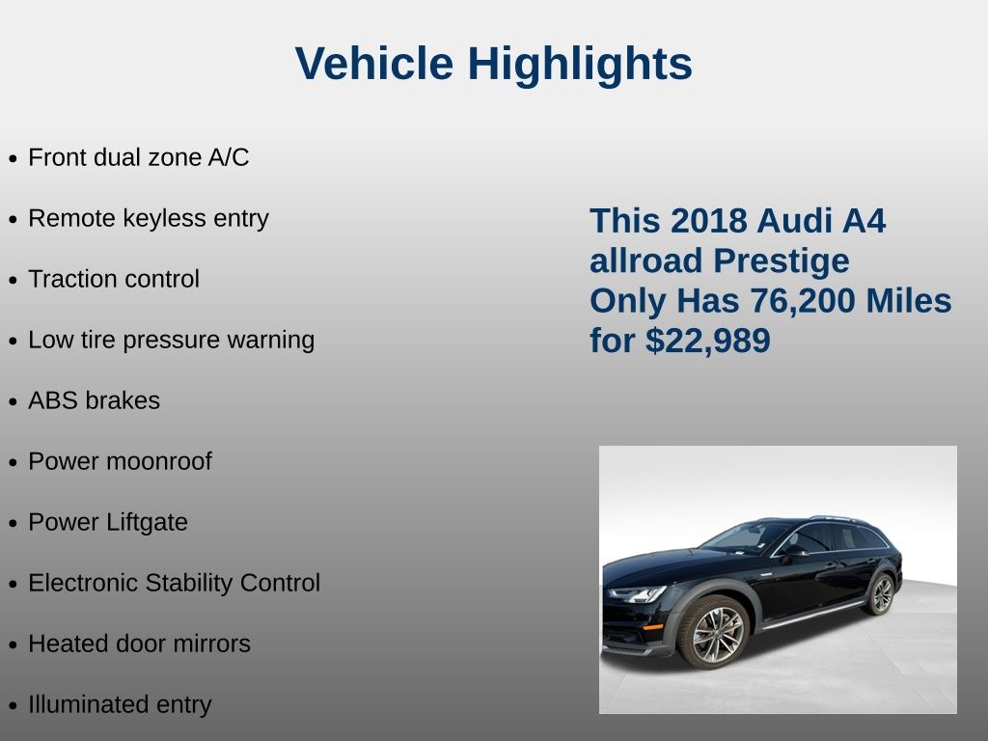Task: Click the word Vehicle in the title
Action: tap(374, 63)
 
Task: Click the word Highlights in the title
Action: tap(580, 65)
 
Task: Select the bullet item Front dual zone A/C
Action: tap(139, 157)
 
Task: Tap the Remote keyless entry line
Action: tap(149, 219)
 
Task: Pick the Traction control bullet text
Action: tap(114, 279)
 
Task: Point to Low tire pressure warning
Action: tap(172, 341)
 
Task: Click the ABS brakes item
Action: tap(94, 400)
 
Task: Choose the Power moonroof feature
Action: tap(121, 461)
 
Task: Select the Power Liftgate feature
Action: tap(108, 522)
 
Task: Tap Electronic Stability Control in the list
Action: tap(175, 583)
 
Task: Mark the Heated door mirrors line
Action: tap(139, 644)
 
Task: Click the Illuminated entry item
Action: tap(120, 704)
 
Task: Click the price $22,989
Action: tap(707, 341)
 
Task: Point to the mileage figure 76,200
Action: tap(802, 301)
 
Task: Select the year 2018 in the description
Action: tap(709, 221)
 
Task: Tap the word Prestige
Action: tap(782, 261)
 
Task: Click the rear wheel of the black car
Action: tap(881, 594)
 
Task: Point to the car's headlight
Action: tap(637, 593)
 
